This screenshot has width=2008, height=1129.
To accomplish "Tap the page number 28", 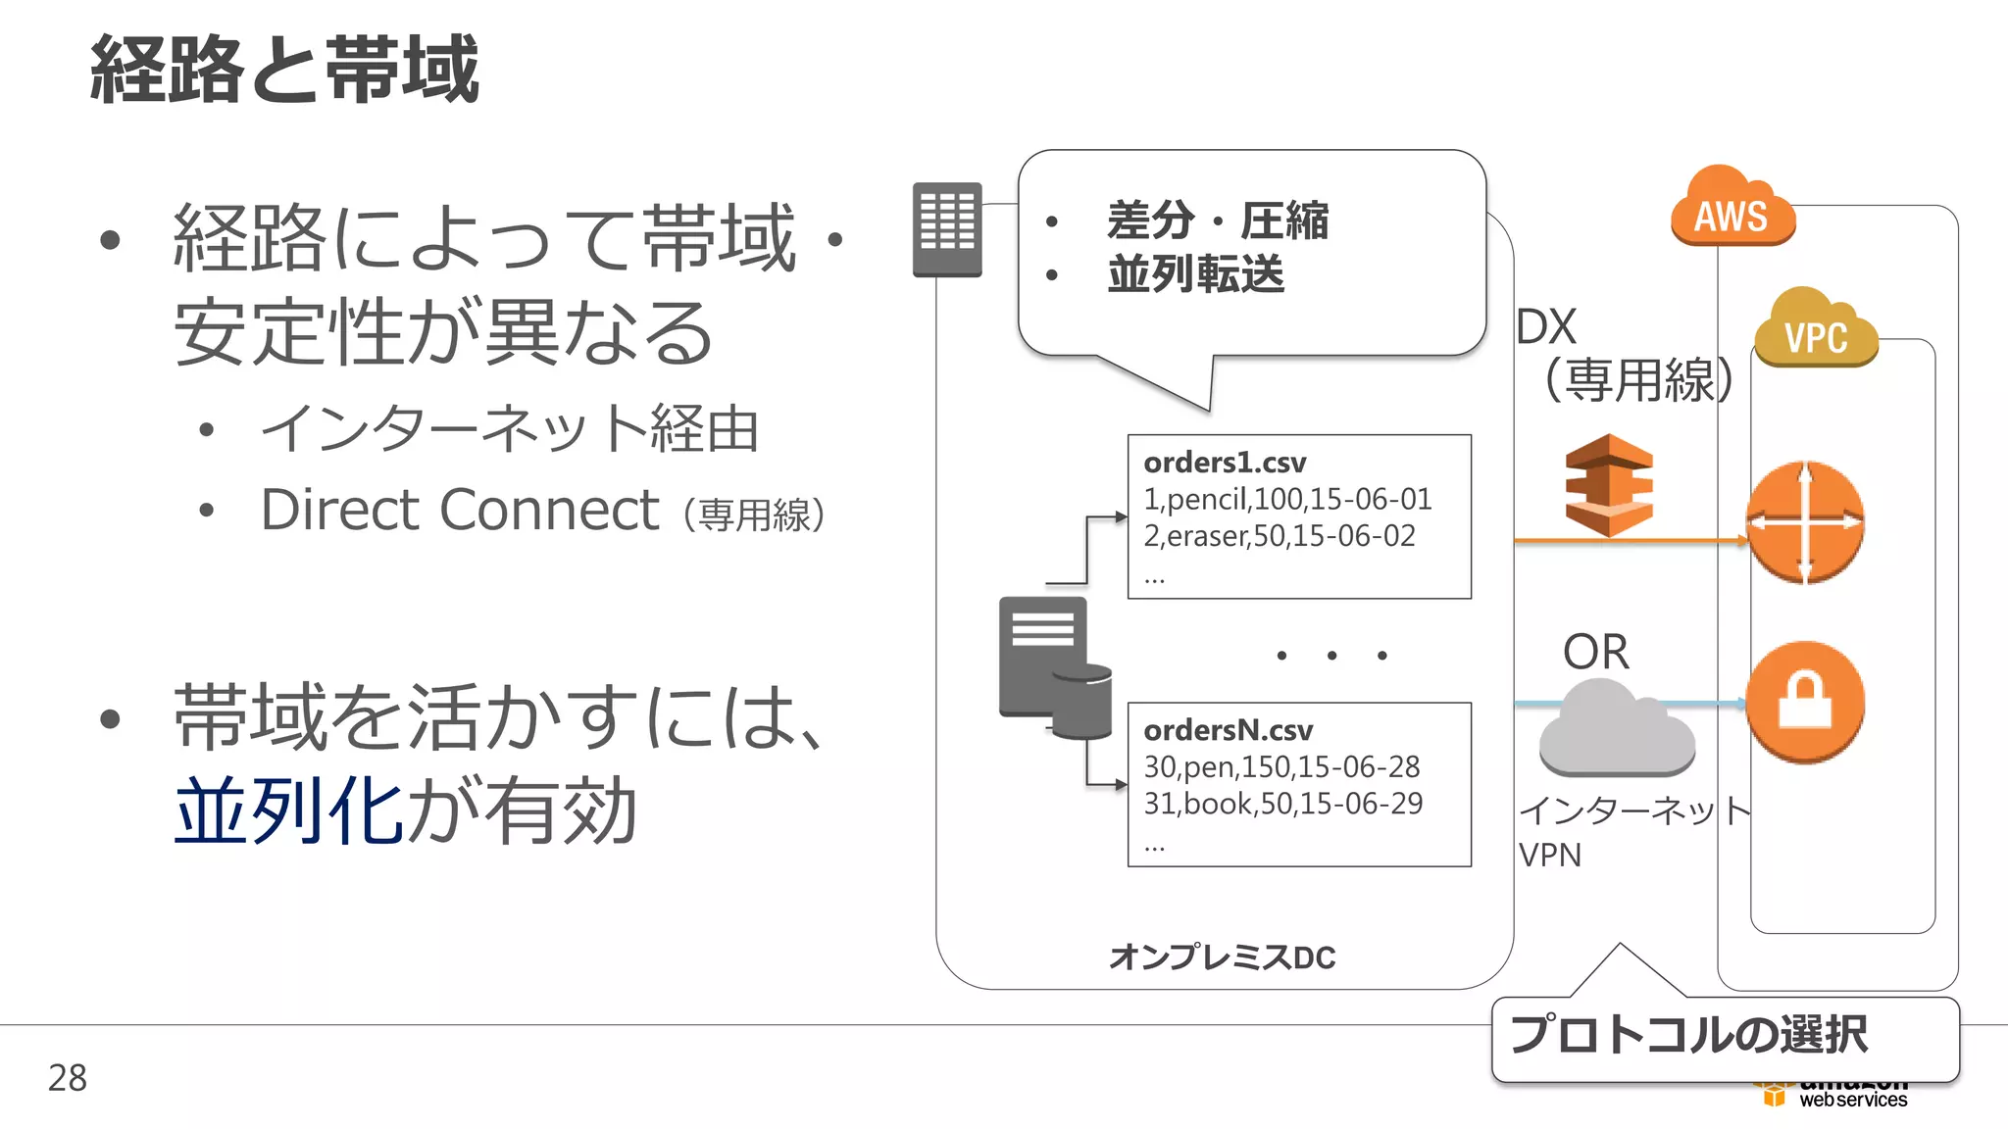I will (x=68, y=1078).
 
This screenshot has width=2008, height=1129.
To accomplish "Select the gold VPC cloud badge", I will (x=1816, y=331).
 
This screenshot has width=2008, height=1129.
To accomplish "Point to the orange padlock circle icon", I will (x=1805, y=702).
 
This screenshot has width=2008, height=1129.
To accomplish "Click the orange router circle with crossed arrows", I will (x=1805, y=522).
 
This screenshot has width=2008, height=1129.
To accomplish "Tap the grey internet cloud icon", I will (x=1617, y=730).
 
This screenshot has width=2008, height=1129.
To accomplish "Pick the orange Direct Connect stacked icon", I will (x=1608, y=485).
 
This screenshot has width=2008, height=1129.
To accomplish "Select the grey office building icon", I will (x=947, y=229).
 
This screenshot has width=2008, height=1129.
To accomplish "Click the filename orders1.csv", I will (x=1225, y=463).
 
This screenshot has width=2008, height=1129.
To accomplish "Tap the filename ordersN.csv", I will (x=1228, y=730).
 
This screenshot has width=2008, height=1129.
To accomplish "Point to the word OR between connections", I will (x=1595, y=652).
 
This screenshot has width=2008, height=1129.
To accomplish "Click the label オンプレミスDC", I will (x=1222, y=957).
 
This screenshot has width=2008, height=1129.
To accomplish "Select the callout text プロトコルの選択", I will (x=1688, y=1035).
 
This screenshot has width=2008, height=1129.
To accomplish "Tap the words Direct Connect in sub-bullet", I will (x=459, y=511).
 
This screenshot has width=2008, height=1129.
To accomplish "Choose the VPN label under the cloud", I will (x=1550, y=856).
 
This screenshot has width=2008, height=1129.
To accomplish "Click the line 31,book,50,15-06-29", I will (x=1282, y=804).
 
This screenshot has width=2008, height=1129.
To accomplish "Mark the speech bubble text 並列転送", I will (x=1195, y=273).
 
